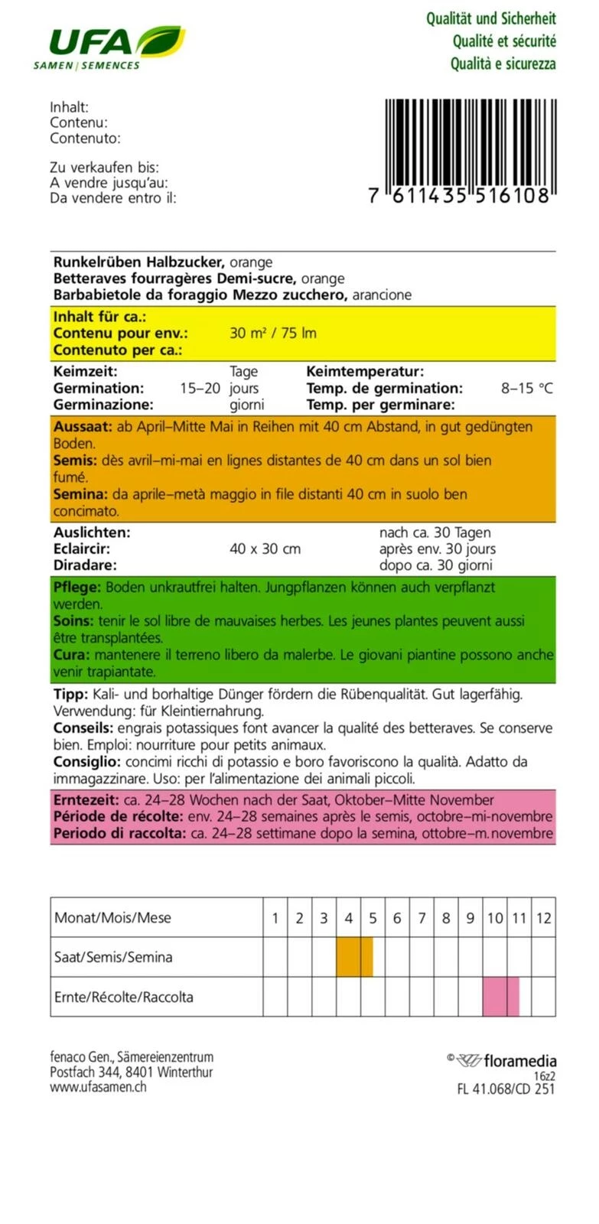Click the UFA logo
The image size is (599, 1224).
pos(108,47)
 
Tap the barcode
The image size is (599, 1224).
pos(467,151)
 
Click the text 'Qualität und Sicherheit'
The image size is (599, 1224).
pos(490,18)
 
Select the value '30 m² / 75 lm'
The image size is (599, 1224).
pos(272,334)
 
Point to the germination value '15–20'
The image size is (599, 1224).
pos(200,389)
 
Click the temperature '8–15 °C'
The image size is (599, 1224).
pos(526,389)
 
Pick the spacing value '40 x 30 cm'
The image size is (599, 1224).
pos(265,549)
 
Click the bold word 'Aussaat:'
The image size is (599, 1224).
pos(83,427)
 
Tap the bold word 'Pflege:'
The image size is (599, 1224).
pos(77,588)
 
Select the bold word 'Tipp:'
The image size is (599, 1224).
pos(70,695)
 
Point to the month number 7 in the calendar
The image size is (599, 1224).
pos(422,918)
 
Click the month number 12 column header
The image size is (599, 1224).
pos(543,918)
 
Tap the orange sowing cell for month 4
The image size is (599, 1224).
pos(348,957)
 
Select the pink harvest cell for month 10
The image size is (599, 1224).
pos(494,997)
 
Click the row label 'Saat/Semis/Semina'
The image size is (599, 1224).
pos(113,957)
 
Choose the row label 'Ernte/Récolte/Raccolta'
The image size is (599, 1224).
pos(124,997)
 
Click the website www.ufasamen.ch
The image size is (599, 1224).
pos(98,1086)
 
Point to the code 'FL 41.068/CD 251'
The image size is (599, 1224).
pos(506,1089)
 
